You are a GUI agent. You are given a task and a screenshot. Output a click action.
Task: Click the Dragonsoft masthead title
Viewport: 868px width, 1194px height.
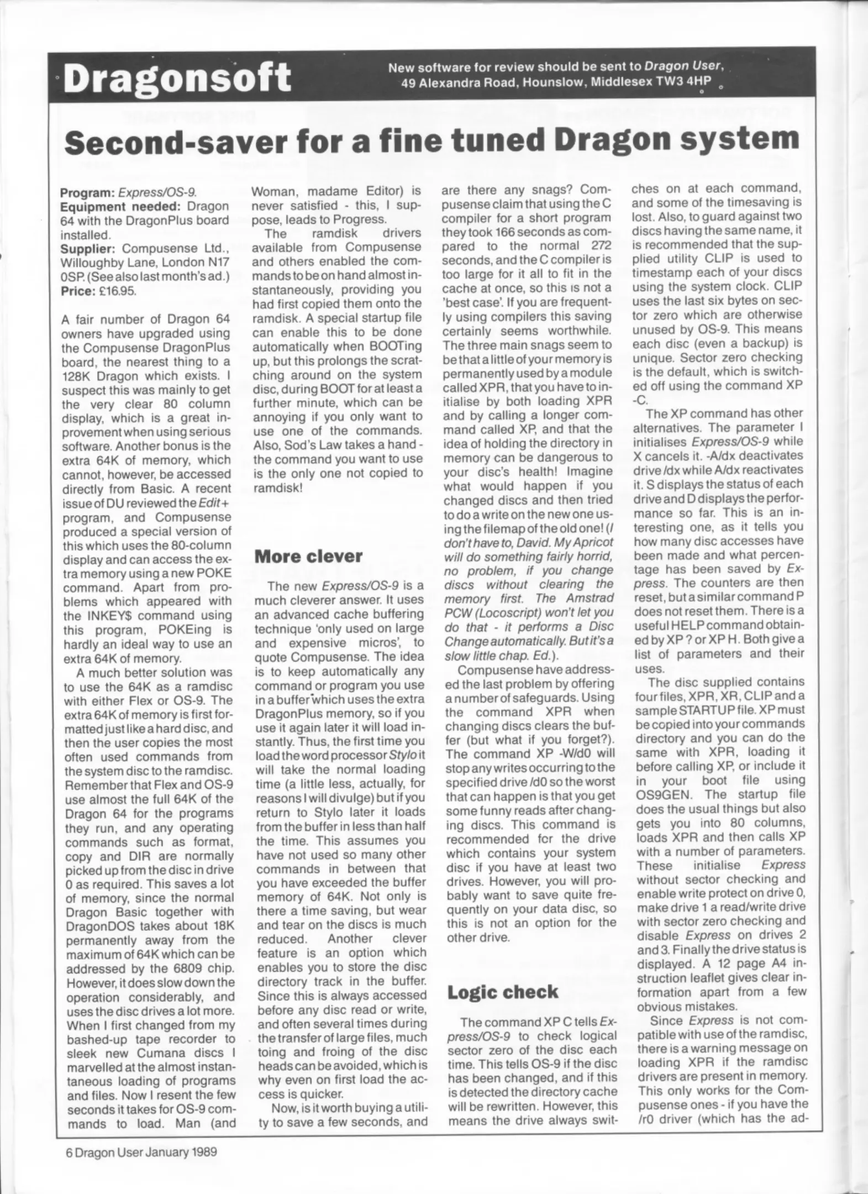pyautogui.click(x=177, y=78)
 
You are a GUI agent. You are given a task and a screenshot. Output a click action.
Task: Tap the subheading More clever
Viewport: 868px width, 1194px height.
pyautogui.click(x=308, y=557)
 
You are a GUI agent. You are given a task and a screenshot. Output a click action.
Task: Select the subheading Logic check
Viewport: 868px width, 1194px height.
pyautogui.click(x=502, y=992)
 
